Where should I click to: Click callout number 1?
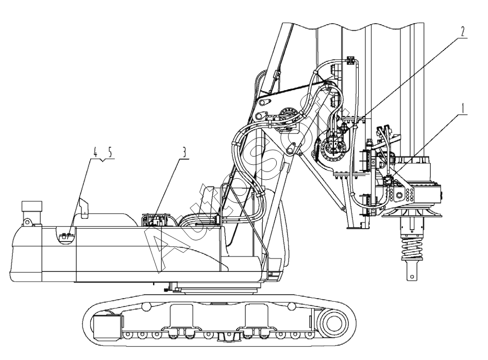(x=463, y=109)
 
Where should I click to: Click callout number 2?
(x=463, y=31)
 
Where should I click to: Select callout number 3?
(x=184, y=152)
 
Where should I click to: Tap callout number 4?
(x=95, y=152)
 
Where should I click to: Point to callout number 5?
(x=110, y=152)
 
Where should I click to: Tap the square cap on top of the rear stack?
(x=31, y=205)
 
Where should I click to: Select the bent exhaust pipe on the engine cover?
(x=85, y=208)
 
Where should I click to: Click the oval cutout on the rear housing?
(x=66, y=235)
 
